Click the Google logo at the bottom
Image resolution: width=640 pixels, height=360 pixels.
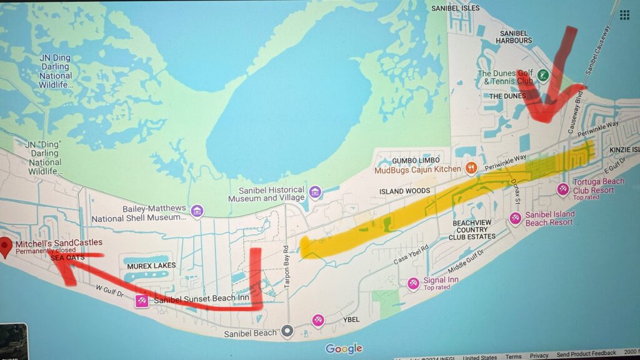[x=344, y=349]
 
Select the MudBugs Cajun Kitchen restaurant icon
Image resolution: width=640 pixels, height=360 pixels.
[x=472, y=168]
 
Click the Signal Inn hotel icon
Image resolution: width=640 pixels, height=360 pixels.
[x=412, y=283]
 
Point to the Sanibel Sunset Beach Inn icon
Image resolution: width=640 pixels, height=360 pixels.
[x=142, y=302]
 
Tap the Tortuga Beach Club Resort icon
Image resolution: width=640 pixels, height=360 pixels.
[x=563, y=189]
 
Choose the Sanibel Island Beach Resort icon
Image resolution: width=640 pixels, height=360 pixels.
[x=516, y=218]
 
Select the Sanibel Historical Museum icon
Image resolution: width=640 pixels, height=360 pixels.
[x=315, y=191]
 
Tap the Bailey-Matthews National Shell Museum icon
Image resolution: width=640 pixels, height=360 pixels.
[x=197, y=211]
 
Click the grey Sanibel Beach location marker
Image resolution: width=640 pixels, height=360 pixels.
[x=287, y=332]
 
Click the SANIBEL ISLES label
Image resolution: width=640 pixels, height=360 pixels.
[x=456, y=8]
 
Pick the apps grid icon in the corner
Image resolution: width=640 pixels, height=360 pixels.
[x=624, y=15]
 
